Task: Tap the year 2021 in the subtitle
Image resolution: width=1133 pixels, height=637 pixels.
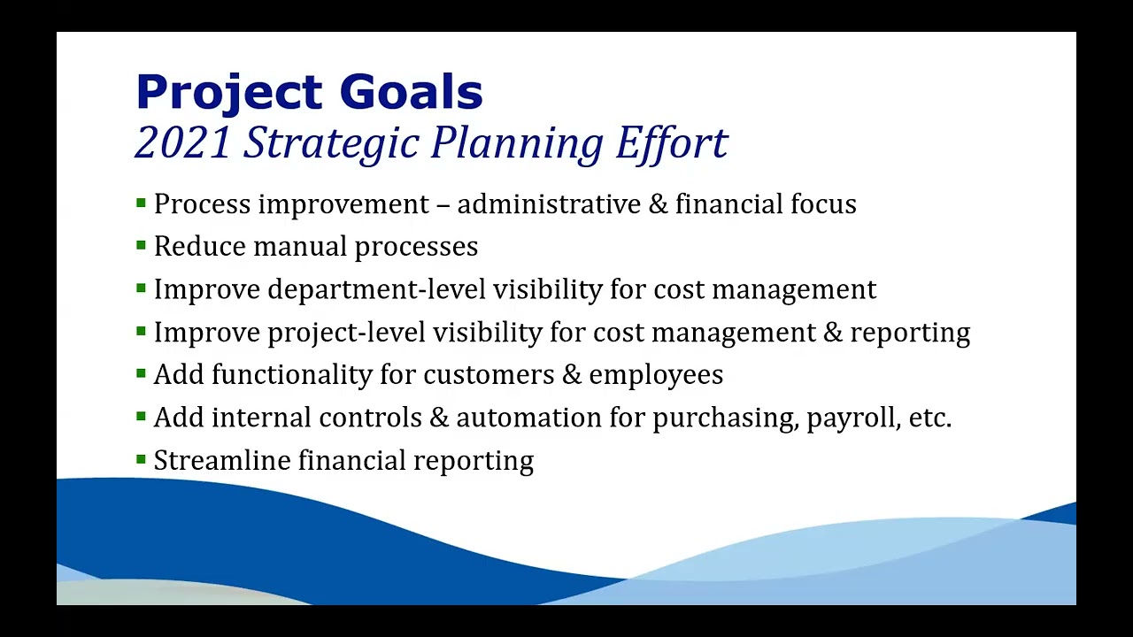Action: tap(183, 142)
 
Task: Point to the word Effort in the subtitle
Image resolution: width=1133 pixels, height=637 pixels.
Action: tap(672, 142)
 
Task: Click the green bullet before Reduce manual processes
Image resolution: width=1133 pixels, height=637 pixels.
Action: tap(141, 245)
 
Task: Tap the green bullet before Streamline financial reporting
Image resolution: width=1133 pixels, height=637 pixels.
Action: tap(141, 459)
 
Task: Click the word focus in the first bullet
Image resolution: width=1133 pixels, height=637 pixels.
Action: tap(823, 204)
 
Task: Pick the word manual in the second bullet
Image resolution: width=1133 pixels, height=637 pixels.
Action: tap(300, 247)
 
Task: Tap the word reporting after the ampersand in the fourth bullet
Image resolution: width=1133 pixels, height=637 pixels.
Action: tap(910, 334)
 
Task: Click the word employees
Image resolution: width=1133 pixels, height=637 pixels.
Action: tap(656, 376)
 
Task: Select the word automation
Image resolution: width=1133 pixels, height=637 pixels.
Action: tap(529, 418)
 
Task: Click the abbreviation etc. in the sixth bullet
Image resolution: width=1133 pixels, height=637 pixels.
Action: tap(930, 418)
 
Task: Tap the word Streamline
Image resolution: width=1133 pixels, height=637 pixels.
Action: tap(222, 461)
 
